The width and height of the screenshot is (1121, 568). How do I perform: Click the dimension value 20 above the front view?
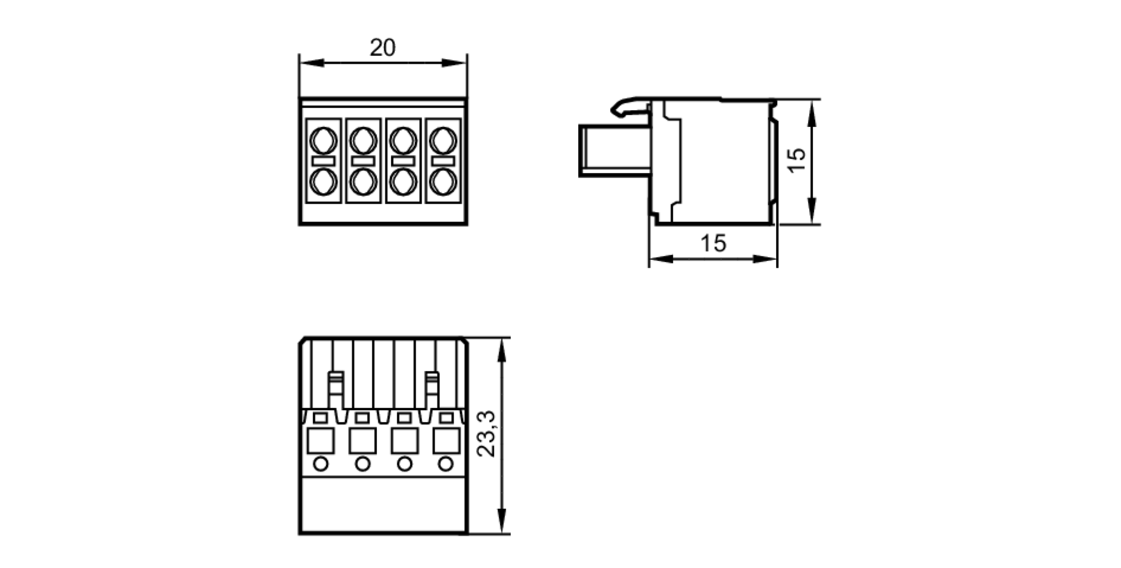click(x=382, y=48)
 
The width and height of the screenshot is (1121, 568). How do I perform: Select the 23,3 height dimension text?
click(x=487, y=434)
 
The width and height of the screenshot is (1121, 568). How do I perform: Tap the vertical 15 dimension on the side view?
click(x=796, y=160)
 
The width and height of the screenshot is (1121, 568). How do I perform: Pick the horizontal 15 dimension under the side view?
click(x=713, y=243)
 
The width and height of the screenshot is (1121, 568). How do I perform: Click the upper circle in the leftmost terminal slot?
click(x=323, y=140)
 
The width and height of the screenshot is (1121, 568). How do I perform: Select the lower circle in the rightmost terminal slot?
click(x=443, y=182)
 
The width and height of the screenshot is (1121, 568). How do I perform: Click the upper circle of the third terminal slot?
click(x=403, y=140)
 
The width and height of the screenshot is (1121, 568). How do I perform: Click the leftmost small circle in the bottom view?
click(x=321, y=464)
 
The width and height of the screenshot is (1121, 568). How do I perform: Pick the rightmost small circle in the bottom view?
click(x=446, y=464)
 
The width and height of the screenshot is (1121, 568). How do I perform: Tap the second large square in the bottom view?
click(x=362, y=441)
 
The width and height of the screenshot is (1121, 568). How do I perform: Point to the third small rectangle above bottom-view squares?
click(x=404, y=418)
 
